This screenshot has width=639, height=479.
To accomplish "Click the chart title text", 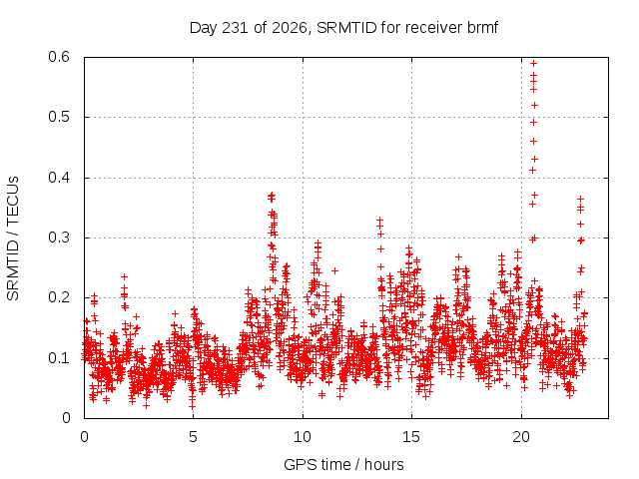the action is pos(343,28).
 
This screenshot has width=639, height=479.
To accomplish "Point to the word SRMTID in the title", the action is pos(346,28).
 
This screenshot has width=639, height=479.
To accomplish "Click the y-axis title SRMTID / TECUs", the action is pos(13,239).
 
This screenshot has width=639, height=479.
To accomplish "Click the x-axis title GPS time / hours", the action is pos(343,464).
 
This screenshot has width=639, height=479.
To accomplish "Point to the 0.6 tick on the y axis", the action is pos(59,57).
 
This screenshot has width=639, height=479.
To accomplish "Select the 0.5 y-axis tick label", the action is pos(59,117).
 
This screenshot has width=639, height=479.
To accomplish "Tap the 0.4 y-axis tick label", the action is pos(59,178).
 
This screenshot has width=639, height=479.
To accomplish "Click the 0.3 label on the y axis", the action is pos(59,238).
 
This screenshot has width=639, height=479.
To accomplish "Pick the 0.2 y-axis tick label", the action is pos(59,297).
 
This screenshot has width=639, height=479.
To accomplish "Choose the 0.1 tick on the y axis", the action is pos(59,358).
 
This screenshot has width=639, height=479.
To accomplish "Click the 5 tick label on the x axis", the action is pos(193,437).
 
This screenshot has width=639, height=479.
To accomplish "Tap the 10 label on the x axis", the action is pos(303,437).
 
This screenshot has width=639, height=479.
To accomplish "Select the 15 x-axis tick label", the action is pos(411,437).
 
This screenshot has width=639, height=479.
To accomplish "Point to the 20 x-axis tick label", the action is pos(521,437).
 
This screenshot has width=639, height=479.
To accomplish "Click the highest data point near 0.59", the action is pos(533,63).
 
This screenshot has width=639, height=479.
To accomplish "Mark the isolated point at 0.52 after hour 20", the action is pos(534,105).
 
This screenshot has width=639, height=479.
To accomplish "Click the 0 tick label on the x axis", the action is pos(84,437).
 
